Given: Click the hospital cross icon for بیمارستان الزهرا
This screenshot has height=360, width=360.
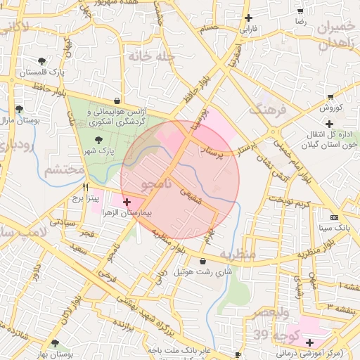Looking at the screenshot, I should tap(127, 202).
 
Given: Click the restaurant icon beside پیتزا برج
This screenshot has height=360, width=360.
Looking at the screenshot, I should tap(86, 188).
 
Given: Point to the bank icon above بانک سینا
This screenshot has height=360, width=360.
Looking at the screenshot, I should tap(334, 217).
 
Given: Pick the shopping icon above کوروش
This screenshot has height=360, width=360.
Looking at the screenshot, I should tap(330, 97).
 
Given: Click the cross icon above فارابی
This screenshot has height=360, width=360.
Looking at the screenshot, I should tap(248, 18).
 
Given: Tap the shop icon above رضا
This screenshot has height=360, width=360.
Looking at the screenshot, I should tap(300, 11).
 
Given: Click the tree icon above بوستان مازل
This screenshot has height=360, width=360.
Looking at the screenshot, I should tap(19, 109).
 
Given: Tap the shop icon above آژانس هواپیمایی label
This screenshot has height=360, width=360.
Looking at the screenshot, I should tap(116, 101).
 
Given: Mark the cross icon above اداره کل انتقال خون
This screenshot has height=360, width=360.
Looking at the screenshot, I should tap(328, 124).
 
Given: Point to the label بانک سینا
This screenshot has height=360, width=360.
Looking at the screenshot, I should tap(334, 229).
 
